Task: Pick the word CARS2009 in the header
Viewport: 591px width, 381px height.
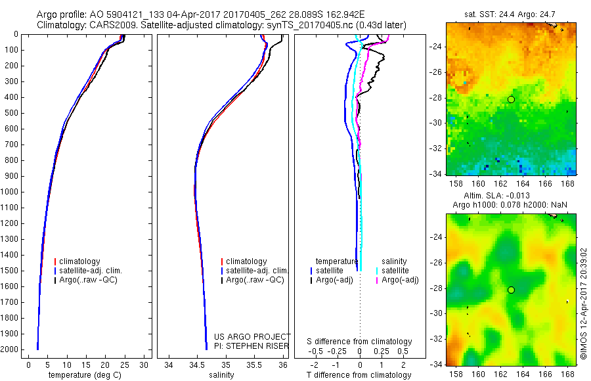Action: [x=106, y=25]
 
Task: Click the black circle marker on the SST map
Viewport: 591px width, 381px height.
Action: [x=511, y=99]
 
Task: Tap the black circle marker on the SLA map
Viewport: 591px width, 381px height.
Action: [x=511, y=290]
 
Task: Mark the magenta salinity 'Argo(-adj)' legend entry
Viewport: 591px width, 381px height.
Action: [x=397, y=280]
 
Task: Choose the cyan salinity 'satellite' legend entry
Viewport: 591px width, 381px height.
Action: [x=394, y=271]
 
